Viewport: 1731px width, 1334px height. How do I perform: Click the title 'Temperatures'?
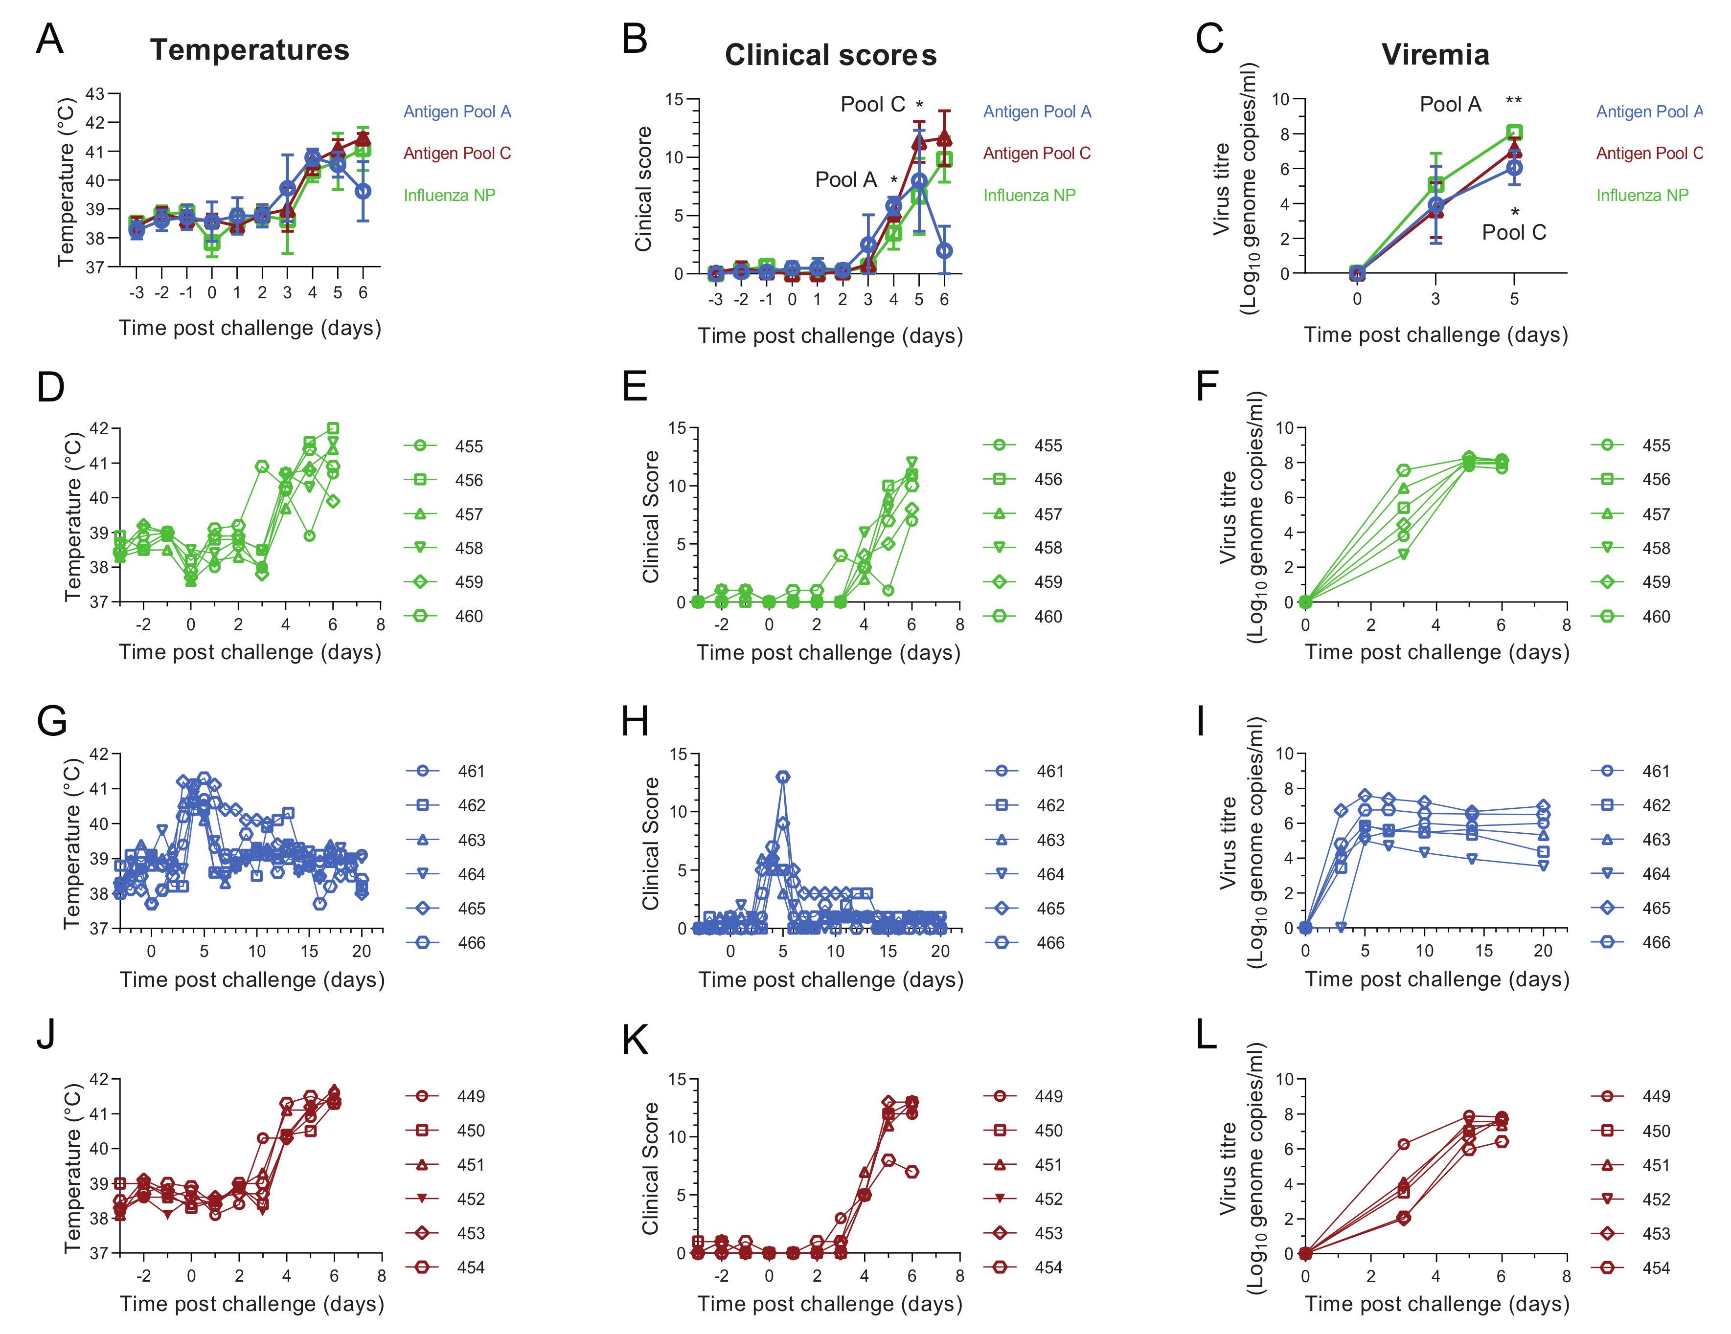pos(250,50)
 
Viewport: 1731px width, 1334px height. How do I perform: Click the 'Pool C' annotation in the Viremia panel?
pos(1513,232)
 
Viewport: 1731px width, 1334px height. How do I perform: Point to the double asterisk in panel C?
pos(1513,101)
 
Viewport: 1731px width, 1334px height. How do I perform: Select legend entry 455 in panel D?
pos(468,446)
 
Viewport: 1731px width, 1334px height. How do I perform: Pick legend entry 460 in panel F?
pos(1656,616)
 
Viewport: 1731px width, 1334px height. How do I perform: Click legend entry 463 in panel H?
pos(1050,840)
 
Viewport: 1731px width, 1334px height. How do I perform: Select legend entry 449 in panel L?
pos(1656,1096)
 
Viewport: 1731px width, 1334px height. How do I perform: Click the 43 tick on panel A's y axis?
pos(95,94)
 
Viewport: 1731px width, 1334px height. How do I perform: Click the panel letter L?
pos(1207,1035)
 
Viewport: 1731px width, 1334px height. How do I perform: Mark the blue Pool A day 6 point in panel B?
pos(944,250)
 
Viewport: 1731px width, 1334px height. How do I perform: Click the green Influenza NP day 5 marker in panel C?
pos(1514,133)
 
